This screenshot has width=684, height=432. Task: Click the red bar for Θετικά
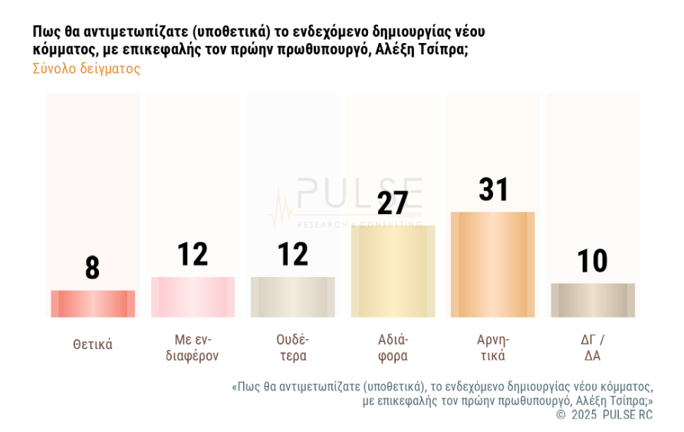coord(93,304)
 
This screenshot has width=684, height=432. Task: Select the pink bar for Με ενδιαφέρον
coord(192,297)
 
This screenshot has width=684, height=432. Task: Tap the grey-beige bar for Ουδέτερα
coord(293,297)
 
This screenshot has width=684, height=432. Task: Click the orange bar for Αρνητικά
coord(492,264)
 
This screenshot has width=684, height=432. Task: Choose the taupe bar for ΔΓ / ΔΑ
coord(593,300)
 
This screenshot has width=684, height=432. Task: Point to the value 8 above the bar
coord(93,269)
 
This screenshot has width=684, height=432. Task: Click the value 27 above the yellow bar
coord(393,203)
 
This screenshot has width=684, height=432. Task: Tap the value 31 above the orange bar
coord(493,190)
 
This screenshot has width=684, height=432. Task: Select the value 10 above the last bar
coord(593,262)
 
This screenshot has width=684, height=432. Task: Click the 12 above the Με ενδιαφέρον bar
coord(192,255)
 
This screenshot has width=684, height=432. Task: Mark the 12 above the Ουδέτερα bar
coord(293,255)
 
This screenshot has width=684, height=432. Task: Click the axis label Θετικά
coord(93,345)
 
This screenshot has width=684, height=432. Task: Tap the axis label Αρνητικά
coord(492,348)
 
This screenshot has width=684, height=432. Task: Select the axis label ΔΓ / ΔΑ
coord(593,348)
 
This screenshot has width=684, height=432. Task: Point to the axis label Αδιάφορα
coord(393,348)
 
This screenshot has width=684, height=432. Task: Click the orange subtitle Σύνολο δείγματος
coord(87,68)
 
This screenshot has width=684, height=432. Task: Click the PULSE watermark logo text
coord(360,193)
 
